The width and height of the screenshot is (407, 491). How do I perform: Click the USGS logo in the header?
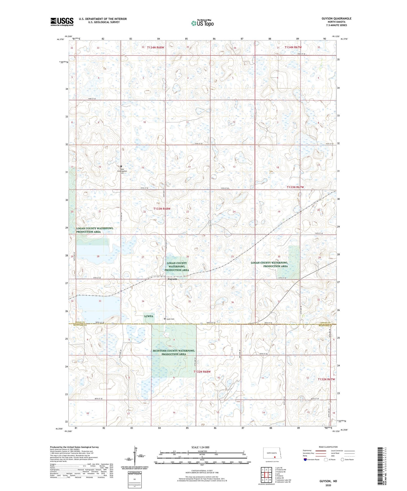click(x=62, y=22)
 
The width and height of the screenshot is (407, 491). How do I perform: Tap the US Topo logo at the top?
click(x=202, y=23)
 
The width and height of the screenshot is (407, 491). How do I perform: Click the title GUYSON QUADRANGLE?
click(x=336, y=19)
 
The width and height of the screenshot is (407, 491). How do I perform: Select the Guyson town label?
click(x=172, y=279)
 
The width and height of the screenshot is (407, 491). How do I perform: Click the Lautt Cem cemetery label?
click(x=170, y=319)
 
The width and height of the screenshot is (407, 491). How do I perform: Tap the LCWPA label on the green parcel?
click(x=149, y=316)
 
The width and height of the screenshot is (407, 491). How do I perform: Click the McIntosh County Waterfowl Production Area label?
click(x=174, y=352)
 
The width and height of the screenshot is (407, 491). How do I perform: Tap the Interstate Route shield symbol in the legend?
click(x=305, y=460)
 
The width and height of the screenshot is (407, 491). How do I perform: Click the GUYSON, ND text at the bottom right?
click(x=328, y=481)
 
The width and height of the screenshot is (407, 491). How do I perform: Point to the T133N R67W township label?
click(x=295, y=187)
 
